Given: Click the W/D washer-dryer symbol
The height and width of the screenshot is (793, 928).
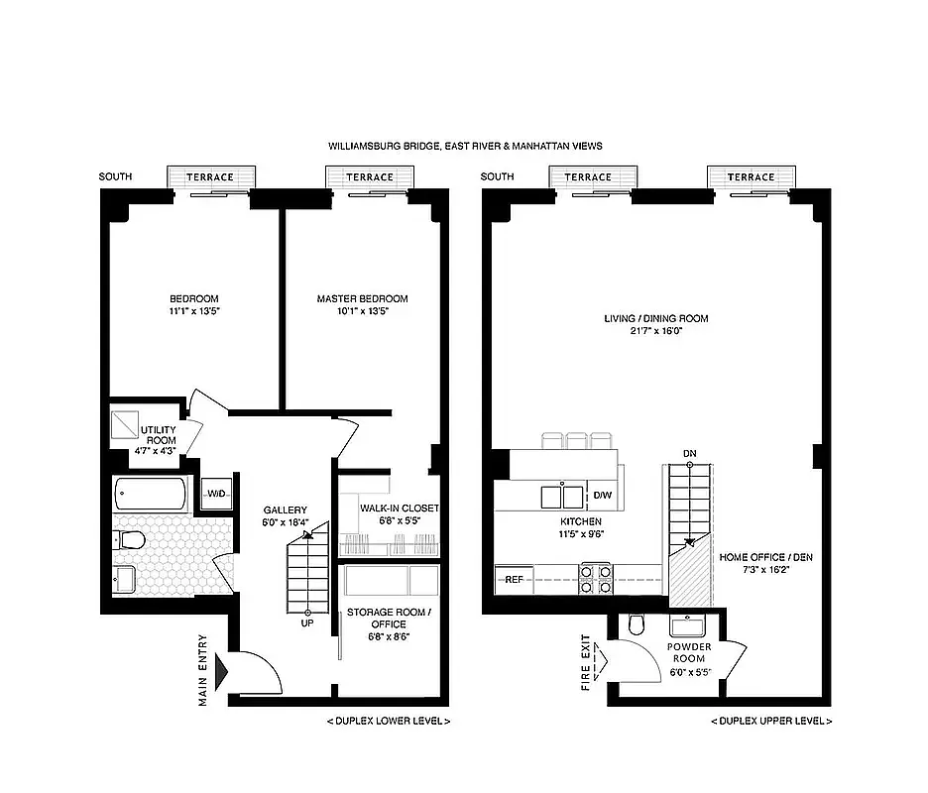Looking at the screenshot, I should click(x=215, y=494).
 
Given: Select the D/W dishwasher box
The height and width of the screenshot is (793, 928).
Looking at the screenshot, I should click(x=602, y=495).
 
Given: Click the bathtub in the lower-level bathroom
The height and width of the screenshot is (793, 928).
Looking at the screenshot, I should click(x=151, y=494).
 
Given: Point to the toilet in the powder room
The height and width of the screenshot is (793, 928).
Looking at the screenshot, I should click(x=637, y=624).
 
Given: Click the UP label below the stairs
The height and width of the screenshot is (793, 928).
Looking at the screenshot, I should click(x=306, y=624).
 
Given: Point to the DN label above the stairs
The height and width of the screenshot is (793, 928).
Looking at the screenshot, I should click(x=689, y=454).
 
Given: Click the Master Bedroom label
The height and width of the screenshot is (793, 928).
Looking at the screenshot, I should click(x=362, y=298).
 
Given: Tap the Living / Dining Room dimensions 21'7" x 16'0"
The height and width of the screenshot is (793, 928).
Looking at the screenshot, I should click(x=656, y=331).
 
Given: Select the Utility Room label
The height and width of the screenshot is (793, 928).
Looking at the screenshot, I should click(x=161, y=435).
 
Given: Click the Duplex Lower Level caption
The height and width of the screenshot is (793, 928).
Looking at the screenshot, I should click(x=388, y=721).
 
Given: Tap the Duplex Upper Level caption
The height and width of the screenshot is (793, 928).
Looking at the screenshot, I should click(x=770, y=721).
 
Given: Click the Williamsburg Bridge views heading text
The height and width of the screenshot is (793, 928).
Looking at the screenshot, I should click(x=465, y=146).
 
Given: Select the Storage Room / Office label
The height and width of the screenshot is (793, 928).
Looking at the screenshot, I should click(x=388, y=619).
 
